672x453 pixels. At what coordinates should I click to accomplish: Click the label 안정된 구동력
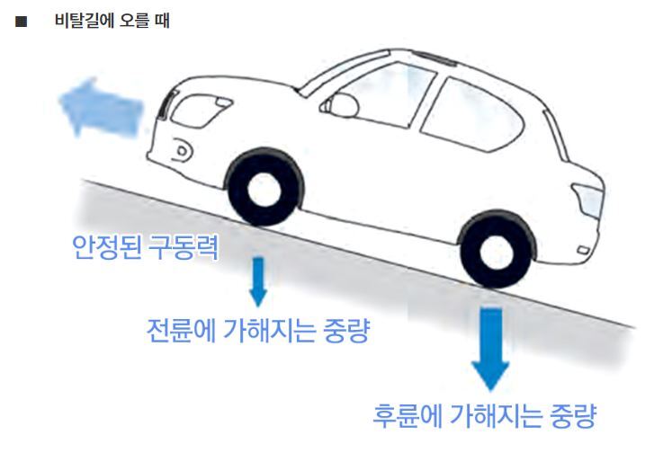click(x=145, y=247)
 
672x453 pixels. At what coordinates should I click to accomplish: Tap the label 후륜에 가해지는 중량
click(x=485, y=416)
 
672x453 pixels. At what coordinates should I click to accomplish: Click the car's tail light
click(x=589, y=198)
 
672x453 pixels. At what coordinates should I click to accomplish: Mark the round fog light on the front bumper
click(x=183, y=148)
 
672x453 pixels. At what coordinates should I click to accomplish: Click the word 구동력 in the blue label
click(x=187, y=247)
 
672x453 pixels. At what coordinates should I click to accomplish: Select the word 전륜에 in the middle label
click(x=179, y=331)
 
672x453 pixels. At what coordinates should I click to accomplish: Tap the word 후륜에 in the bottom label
click(x=406, y=416)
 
